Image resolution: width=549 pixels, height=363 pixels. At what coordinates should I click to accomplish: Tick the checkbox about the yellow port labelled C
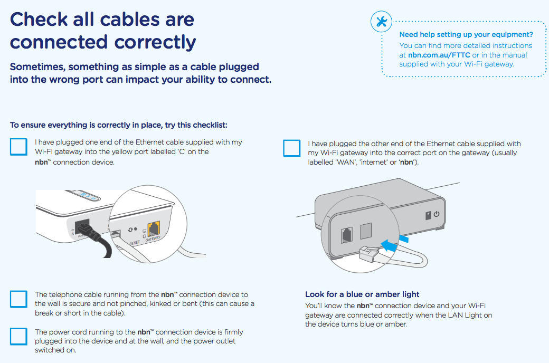(x=18, y=147)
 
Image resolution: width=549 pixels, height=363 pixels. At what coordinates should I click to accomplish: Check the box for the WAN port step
(x=291, y=148)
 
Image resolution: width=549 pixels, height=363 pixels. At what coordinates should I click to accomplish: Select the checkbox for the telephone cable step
(x=18, y=299)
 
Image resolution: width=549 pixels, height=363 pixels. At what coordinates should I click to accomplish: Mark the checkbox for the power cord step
(x=18, y=336)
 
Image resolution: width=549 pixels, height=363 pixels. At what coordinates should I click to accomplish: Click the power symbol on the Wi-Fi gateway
(x=436, y=215)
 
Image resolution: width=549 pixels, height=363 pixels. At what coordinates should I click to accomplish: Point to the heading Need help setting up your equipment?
(x=466, y=35)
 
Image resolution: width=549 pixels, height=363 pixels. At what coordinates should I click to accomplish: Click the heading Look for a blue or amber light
(x=362, y=294)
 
